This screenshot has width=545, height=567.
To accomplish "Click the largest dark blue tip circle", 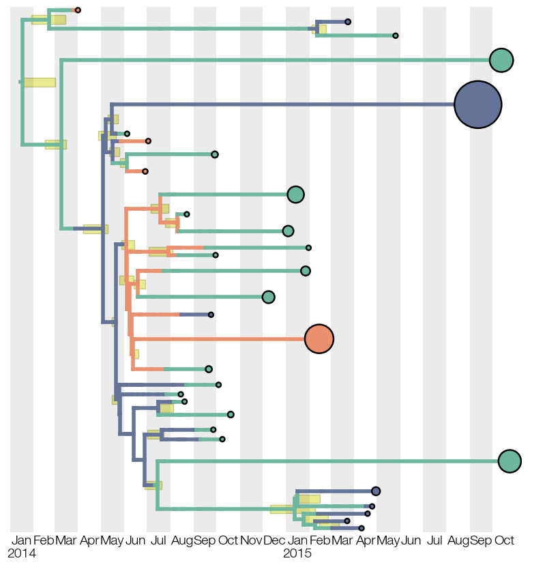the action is (x=477, y=104).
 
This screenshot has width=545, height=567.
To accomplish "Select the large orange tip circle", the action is (x=319, y=339).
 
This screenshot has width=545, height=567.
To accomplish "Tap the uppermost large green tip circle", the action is (x=501, y=60).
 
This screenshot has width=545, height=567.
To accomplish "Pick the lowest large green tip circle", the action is (x=510, y=461).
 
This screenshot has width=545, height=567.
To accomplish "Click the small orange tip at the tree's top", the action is (x=78, y=10).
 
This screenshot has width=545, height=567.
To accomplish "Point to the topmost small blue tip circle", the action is (x=348, y=22).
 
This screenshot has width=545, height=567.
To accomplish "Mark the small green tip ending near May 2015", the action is (x=396, y=35).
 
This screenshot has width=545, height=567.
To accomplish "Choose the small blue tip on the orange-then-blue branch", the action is (x=211, y=315).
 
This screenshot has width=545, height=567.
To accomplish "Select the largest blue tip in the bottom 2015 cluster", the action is (x=376, y=491).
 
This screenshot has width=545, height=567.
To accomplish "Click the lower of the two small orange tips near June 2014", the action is (x=145, y=171).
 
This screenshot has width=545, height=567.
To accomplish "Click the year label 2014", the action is (x=22, y=553).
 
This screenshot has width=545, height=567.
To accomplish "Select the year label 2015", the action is (x=297, y=553).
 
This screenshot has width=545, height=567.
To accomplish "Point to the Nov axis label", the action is (x=251, y=540).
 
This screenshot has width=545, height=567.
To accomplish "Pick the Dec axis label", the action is (x=274, y=540).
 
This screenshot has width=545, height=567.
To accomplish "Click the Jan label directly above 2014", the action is (x=21, y=540).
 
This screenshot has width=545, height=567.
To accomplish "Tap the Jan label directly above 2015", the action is (x=297, y=540).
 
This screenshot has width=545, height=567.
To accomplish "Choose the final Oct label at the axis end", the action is (x=504, y=540).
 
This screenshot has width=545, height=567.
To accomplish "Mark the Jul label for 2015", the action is (x=434, y=540).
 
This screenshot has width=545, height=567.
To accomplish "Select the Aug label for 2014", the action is (x=182, y=540).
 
